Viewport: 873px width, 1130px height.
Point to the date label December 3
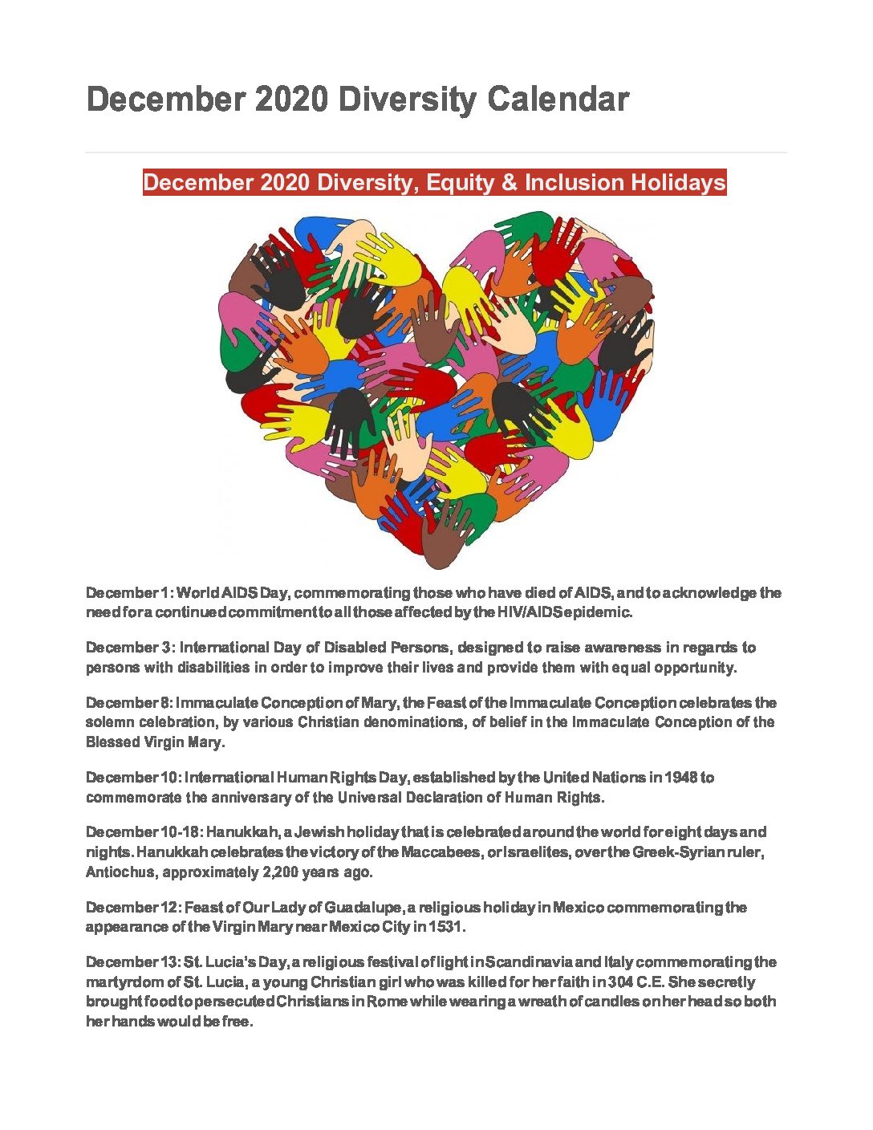[129, 648]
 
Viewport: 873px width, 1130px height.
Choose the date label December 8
[128, 703]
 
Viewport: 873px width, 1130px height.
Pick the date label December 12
[132, 908]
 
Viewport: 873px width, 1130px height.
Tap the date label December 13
[132, 962]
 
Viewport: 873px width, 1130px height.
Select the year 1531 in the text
[446, 927]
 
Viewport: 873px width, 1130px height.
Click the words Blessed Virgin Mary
[154, 742]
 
